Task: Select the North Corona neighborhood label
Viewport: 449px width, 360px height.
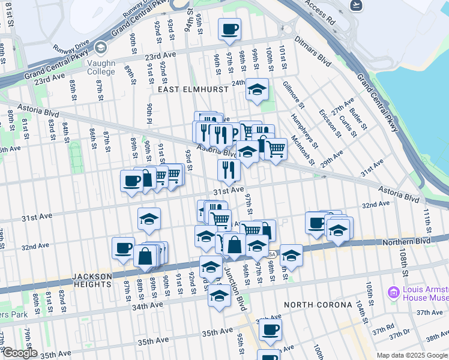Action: (x=318, y=304)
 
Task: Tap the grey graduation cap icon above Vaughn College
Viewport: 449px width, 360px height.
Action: (x=101, y=47)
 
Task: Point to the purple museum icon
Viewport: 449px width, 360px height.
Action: (x=394, y=292)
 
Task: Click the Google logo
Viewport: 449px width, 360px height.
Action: (x=19, y=353)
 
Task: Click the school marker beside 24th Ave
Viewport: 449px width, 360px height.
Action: (x=257, y=90)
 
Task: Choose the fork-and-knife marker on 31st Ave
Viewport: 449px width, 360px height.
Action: (x=229, y=170)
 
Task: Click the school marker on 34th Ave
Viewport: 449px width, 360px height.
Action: (x=219, y=296)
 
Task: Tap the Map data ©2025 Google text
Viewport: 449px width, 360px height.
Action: (x=411, y=355)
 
